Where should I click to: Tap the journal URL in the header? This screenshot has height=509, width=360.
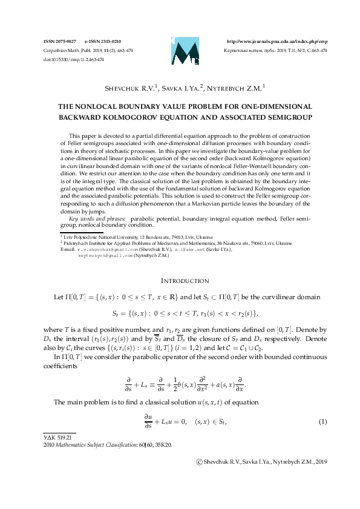coord(277,41)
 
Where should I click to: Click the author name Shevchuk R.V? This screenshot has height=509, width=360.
coord(131,88)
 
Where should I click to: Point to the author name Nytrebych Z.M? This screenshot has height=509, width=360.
coord(237,88)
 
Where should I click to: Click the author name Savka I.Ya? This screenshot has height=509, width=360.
coord(184,88)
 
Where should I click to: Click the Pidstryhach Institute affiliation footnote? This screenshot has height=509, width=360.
coord(151,242)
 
